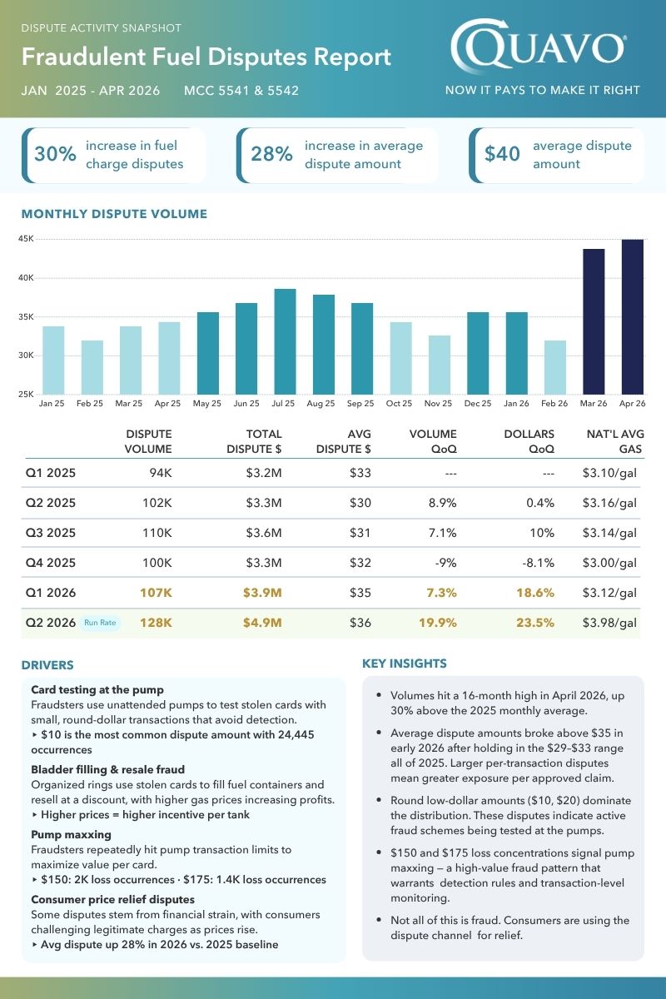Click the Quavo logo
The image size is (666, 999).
539,46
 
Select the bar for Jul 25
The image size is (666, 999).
285,341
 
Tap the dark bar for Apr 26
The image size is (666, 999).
633,317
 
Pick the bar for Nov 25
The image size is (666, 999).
440,365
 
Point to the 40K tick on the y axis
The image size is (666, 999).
26,278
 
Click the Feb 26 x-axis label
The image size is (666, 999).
554,403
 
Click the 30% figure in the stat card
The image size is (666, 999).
55,154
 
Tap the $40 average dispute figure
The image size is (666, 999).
502,154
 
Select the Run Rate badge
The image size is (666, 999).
100,623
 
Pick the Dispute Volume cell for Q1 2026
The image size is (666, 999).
156,593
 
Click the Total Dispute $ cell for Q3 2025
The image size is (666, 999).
264,533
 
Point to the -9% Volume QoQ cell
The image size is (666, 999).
445,563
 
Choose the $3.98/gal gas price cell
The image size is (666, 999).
609,623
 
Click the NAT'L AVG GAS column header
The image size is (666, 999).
615,441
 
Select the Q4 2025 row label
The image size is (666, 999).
51,563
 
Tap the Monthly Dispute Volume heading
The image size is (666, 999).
114,214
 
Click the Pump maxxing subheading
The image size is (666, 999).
71,834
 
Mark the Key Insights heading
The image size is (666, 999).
404,664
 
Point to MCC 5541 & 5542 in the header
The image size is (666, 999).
241,91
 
